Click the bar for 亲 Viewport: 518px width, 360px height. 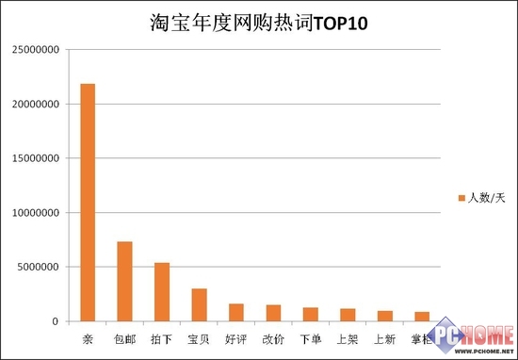click(x=88, y=203)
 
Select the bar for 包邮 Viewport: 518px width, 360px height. click(x=124, y=282)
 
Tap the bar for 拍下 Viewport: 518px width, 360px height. click(x=161, y=292)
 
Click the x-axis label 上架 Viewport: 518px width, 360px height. click(x=348, y=336)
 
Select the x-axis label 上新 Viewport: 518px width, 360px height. click(x=384, y=336)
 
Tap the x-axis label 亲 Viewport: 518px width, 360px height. click(x=88, y=336)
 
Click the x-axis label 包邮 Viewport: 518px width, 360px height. click(x=124, y=336)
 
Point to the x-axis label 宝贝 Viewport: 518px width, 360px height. click(x=199, y=336)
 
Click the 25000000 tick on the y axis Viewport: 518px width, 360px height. click(x=37, y=49)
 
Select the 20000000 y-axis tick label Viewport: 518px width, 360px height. click(x=37, y=104)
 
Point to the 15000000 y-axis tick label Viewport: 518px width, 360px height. click(x=37, y=158)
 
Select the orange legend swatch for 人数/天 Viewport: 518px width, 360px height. click(x=461, y=197)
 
